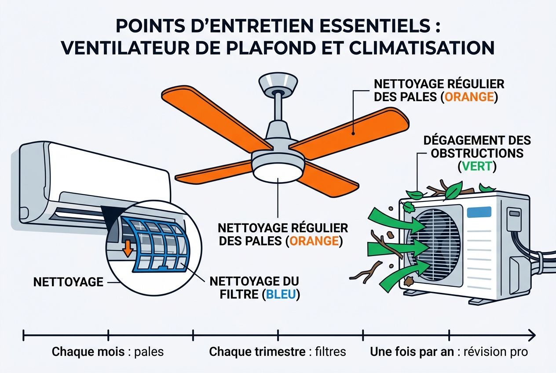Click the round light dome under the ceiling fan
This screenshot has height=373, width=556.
278,170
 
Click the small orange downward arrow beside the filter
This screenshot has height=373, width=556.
128,248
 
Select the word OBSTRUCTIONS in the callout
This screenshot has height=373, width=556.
477,154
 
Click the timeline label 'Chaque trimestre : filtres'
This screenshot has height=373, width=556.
278,352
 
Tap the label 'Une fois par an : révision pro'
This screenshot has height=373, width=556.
449,352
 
